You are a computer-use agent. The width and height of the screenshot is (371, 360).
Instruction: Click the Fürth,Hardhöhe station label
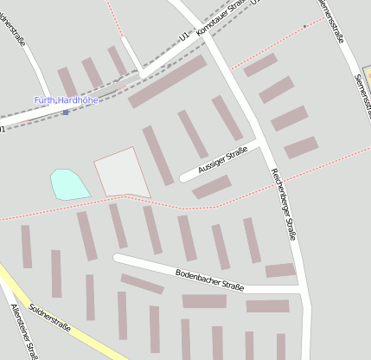click(67, 100)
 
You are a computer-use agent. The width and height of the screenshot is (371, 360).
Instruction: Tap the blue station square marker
click(65, 112)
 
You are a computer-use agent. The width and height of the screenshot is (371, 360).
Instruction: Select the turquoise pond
click(68, 183)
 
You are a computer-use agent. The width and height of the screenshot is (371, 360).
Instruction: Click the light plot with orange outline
click(122, 172)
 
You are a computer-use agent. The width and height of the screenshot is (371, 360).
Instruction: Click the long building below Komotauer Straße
click(168, 81)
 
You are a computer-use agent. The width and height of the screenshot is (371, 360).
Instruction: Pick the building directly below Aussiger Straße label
click(212, 186)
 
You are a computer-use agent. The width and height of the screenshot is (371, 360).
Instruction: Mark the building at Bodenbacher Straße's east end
click(280, 270)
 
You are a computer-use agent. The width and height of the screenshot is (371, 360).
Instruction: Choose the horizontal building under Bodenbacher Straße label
click(204, 300)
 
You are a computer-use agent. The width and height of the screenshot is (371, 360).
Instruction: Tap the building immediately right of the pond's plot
click(157, 156)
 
